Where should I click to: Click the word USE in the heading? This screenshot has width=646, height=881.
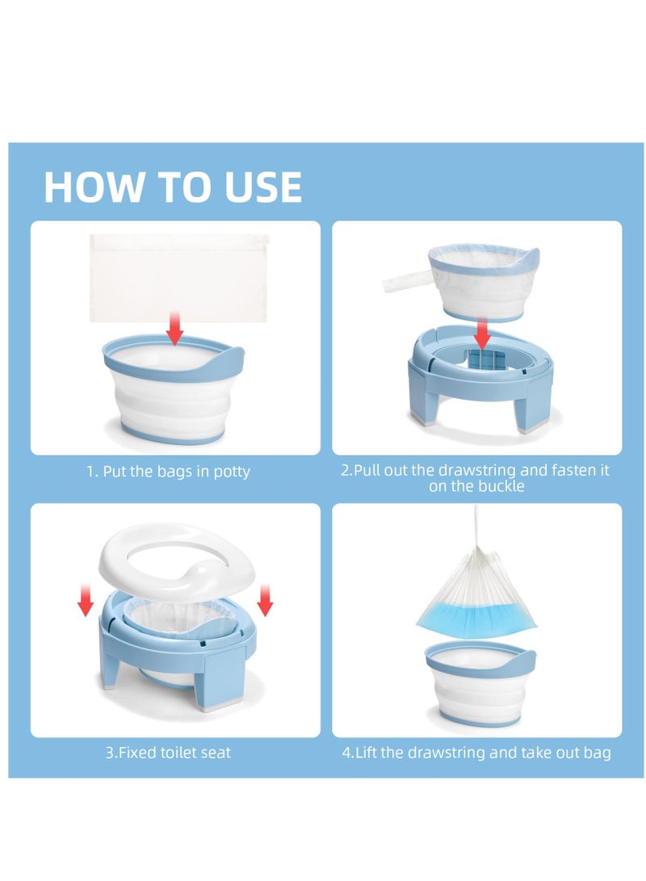point(263,187)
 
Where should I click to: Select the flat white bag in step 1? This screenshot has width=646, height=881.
point(179,278)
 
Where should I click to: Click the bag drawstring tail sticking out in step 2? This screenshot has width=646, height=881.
point(405,280)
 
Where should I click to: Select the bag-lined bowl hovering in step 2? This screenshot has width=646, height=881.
point(483,282)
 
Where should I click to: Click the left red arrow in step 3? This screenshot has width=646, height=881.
point(86,600)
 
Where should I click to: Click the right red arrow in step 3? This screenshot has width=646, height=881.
point(265,600)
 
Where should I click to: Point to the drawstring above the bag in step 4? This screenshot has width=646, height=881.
point(476,526)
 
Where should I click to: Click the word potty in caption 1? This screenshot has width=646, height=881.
point(232,472)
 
